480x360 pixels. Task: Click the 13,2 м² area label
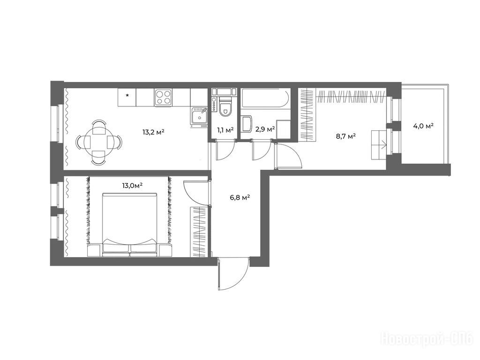[x=154, y=132]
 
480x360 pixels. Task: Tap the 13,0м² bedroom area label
[x=132, y=185]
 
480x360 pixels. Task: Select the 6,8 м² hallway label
[x=240, y=197]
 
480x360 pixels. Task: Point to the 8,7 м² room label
[x=345, y=136]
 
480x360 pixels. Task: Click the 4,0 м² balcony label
[x=423, y=126]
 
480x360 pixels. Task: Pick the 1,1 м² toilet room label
[x=225, y=130]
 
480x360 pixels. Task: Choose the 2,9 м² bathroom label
[x=265, y=129]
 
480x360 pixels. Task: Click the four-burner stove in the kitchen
[x=164, y=97]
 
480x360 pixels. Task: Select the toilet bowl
[x=225, y=108]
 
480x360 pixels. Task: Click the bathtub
[x=265, y=98]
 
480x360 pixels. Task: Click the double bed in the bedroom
[x=130, y=225]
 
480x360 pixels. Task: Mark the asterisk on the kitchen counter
[x=127, y=95]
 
